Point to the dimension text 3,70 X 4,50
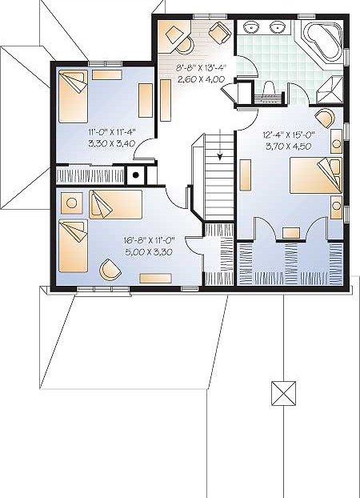(288, 146)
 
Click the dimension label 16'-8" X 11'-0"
(150, 240)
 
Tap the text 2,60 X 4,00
(201, 78)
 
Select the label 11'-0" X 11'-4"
(112, 131)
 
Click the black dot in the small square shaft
(135, 175)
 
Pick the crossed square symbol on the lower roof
(283, 393)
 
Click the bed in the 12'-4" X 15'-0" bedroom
(316, 175)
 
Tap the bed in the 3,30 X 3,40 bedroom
(73, 97)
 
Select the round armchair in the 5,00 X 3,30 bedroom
(110, 270)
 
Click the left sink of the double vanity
(252, 27)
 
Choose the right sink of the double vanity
(278, 27)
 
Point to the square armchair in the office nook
(220, 33)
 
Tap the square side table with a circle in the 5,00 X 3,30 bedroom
(72, 203)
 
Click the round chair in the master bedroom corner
(325, 118)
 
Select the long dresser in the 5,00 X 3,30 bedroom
(155, 278)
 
